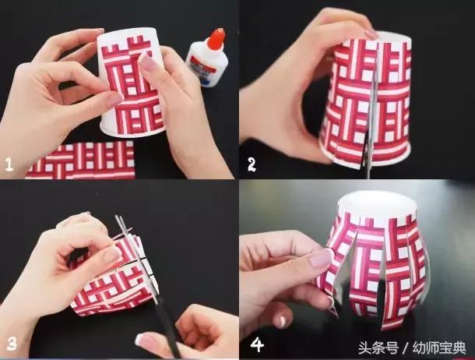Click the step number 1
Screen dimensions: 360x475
pos(9,164)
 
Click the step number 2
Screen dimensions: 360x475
pos(252,164)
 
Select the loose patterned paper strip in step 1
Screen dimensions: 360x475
pos(78,160)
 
